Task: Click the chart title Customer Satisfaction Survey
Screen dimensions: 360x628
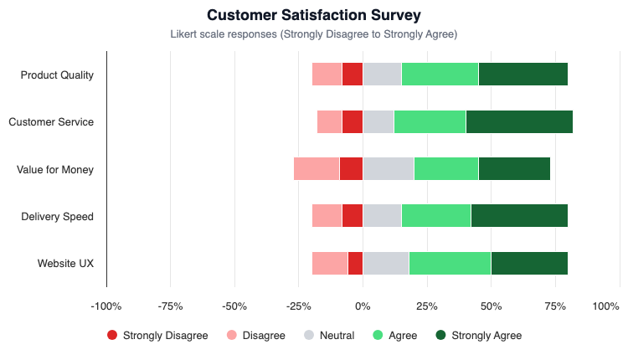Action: [x=314, y=15]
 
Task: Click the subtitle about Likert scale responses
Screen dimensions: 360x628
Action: [x=314, y=34]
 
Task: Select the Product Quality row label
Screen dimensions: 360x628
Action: [x=57, y=75]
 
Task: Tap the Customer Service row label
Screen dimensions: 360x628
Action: [x=51, y=122]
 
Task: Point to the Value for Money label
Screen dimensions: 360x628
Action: [x=55, y=169]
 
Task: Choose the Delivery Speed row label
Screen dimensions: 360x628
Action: [x=57, y=217]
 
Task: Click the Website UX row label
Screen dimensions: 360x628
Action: [x=65, y=264]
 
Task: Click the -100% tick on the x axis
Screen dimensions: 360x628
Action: [x=106, y=306]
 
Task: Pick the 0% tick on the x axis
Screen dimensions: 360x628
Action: [x=363, y=306]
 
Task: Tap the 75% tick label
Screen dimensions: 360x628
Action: [x=555, y=306]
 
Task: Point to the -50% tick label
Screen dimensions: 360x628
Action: [x=234, y=306]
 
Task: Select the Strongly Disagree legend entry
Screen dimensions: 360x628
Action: [x=157, y=336]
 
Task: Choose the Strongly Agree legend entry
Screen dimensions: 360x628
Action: [x=478, y=336]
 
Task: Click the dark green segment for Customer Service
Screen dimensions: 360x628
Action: [x=519, y=121]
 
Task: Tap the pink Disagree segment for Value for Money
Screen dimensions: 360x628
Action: [x=317, y=168]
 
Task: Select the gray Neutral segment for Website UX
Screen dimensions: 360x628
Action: [x=385, y=263]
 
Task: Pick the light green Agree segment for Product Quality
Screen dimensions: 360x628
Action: [x=440, y=74]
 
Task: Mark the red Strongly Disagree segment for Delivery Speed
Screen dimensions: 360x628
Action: [x=352, y=216]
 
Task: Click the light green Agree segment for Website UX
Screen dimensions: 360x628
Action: [x=450, y=263]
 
